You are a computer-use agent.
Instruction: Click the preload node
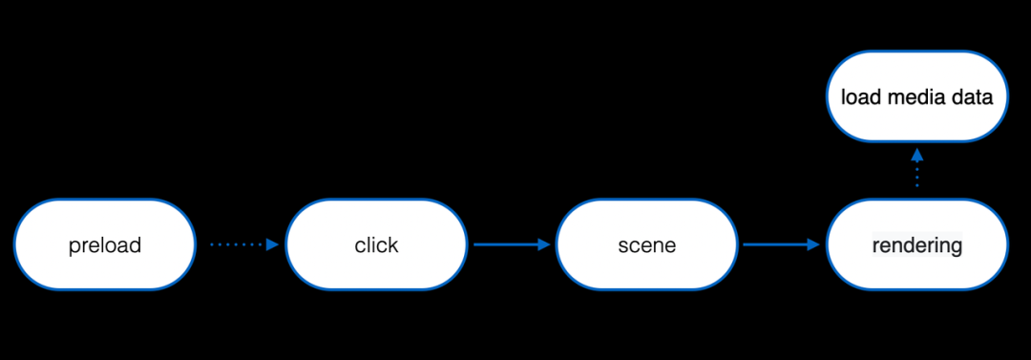point(105,244)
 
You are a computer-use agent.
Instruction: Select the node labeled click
point(376,244)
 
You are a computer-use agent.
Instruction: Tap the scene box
point(646,244)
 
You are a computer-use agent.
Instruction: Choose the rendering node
point(916,244)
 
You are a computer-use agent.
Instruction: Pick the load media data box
point(916,96)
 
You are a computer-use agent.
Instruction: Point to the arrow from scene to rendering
point(782,244)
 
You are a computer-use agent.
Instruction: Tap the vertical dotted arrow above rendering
point(916,169)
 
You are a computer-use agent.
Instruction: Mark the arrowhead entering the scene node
point(544,244)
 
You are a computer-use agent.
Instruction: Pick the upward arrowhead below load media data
point(916,154)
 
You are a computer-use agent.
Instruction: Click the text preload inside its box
point(105,245)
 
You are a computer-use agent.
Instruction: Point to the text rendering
point(916,245)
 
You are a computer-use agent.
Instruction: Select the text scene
point(646,245)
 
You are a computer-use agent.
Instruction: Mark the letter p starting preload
point(74,247)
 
